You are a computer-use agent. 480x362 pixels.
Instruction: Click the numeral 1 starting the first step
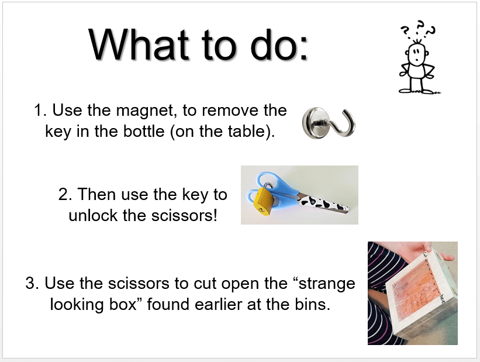click(x=38, y=111)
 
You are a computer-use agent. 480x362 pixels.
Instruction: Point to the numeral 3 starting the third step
click(x=30, y=283)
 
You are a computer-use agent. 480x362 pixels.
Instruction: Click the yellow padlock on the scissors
click(x=264, y=201)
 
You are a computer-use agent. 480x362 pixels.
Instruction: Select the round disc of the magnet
click(x=314, y=123)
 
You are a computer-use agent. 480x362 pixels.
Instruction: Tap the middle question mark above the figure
click(x=420, y=26)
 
